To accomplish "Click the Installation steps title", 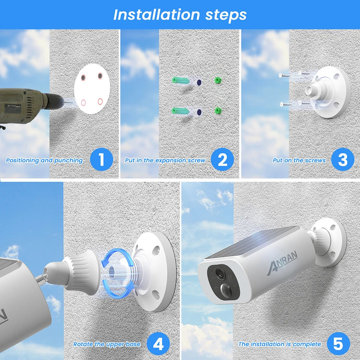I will click(x=180, y=15).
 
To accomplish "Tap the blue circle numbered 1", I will click(x=101, y=159).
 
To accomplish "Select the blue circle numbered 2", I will click(x=222, y=159).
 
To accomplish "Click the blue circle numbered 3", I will click(x=342, y=159).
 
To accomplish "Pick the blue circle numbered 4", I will click(x=158, y=344).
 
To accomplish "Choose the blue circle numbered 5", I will click(x=338, y=344).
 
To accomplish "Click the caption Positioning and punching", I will click(x=44, y=161).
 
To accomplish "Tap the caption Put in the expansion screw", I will click(x=165, y=161).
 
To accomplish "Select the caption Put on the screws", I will click(x=299, y=161).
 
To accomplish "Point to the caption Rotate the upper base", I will click(x=107, y=345).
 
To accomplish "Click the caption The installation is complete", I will click(x=279, y=345).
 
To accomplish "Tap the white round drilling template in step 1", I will click(x=91, y=89).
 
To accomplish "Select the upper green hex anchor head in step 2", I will click(x=217, y=81).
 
